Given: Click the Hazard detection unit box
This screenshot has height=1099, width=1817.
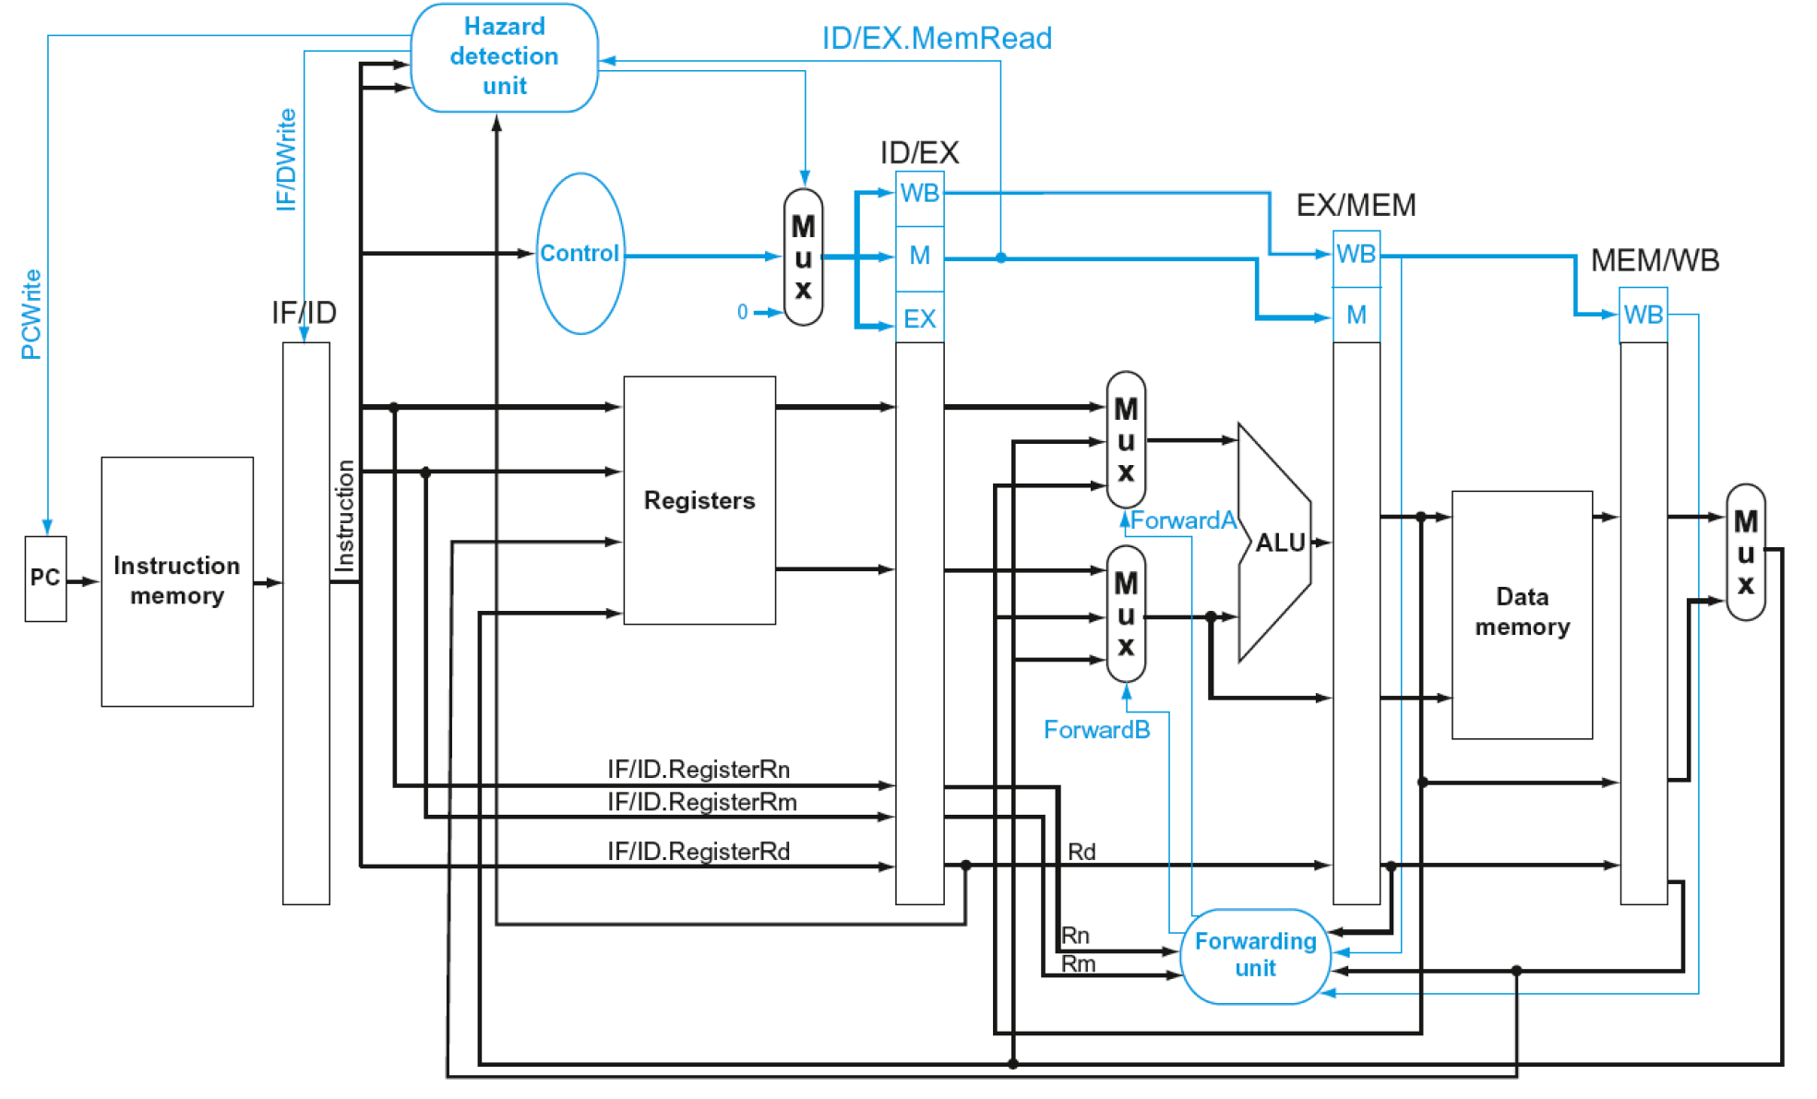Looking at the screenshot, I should click(x=504, y=57).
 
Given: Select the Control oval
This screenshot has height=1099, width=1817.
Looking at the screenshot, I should click(x=580, y=254).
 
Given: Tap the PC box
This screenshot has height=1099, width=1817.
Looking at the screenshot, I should click(x=45, y=579).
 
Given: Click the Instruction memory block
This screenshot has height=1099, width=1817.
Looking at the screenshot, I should click(x=177, y=581).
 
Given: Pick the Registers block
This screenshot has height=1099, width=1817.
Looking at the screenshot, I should click(x=699, y=500).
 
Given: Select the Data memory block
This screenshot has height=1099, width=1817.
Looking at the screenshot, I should click(x=1522, y=614).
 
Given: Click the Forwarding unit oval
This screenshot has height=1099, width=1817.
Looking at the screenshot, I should click(x=1255, y=956).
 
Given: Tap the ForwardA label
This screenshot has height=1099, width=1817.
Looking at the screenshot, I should click(x=1183, y=520).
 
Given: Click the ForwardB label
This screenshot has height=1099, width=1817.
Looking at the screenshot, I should click(x=1096, y=730).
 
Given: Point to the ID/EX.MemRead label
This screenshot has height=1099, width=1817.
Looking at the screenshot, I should click(x=937, y=39).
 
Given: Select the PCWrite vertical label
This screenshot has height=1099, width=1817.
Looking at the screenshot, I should click(x=31, y=314).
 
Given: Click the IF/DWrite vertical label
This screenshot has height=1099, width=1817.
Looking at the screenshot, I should click(x=287, y=160).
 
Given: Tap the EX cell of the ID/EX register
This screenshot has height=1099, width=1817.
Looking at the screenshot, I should click(x=919, y=319).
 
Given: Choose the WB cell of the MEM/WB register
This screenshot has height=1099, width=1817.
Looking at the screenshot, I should click(x=1643, y=315).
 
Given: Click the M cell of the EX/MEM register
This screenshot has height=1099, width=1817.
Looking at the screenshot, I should click(x=1356, y=316).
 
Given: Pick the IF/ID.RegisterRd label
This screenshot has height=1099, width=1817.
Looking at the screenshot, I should click(x=698, y=851).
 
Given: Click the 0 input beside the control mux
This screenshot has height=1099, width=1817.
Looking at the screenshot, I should click(x=742, y=312).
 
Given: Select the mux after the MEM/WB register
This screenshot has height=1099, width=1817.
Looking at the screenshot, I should click(x=1745, y=552).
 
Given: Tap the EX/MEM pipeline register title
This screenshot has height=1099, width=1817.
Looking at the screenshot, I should click(x=1356, y=205).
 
